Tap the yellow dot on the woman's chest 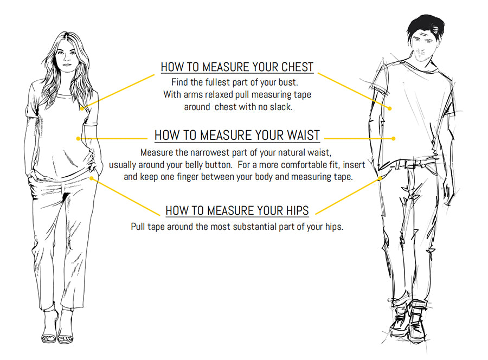tap(82, 108)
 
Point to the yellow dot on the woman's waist tap(79, 138)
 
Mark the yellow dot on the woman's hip tap(93, 177)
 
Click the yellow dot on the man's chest tap(390, 108)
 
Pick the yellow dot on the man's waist tap(394, 138)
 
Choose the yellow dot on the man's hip tap(383, 177)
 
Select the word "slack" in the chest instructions tap(279, 107)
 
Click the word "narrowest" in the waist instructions tap(211, 153)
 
